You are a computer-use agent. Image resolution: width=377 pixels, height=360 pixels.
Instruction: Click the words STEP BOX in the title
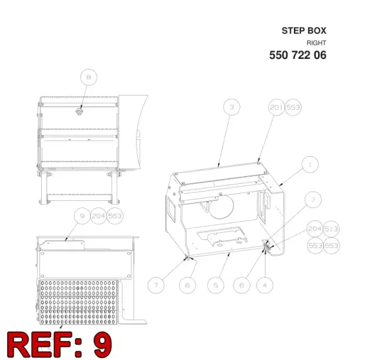click(x=304, y=31)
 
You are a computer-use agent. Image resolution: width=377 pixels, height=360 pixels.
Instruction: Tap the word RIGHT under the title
click(x=316, y=43)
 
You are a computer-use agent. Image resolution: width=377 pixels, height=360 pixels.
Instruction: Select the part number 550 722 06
click(x=297, y=55)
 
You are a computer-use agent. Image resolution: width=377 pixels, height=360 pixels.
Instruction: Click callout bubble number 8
click(x=88, y=77)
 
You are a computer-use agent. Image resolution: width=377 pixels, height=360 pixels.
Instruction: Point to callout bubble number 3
click(x=232, y=107)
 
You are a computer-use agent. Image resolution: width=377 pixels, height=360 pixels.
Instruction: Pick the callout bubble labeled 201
click(x=276, y=107)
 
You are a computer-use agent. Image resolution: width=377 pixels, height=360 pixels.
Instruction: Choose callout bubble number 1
click(x=310, y=164)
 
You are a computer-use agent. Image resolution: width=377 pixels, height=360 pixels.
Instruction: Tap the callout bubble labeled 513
click(x=331, y=229)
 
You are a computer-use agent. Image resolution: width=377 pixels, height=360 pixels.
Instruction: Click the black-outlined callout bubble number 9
click(x=82, y=216)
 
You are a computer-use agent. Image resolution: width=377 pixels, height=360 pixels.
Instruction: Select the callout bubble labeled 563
click(x=115, y=216)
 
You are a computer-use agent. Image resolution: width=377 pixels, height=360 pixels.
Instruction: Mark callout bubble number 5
click(x=216, y=285)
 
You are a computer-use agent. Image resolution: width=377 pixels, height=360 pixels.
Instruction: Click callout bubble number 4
click(x=264, y=285)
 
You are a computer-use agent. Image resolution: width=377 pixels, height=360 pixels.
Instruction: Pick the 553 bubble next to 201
click(x=293, y=107)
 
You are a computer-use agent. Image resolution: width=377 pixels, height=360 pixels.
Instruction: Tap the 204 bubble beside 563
click(x=98, y=216)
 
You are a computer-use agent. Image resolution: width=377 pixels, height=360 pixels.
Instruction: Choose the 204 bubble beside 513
click(x=315, y=229)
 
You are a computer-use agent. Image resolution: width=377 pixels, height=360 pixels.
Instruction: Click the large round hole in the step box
click(x=221, y=207)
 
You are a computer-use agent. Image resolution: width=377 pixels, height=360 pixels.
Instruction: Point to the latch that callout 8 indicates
click(x=79, y=112)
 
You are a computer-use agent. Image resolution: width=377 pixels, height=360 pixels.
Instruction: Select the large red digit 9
click(x=102, y=344)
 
